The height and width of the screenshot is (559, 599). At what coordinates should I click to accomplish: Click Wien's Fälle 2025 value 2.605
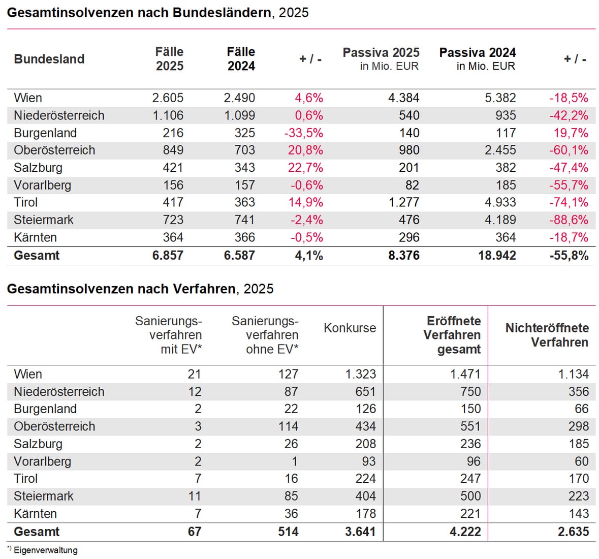(x=168, y=98)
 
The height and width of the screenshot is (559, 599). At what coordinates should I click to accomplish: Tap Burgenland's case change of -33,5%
(x=303, y=133)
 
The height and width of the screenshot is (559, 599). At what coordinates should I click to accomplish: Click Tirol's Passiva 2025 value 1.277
(x=404, y=202)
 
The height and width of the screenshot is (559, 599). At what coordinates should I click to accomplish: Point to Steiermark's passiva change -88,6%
(x=569, y=220)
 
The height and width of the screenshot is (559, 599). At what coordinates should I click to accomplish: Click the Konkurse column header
(x=350, y=328)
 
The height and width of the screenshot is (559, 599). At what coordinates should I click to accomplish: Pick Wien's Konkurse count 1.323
(x=360, y=375)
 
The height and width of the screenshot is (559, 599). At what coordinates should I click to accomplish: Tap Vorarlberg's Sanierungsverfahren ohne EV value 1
(x=295, y=461)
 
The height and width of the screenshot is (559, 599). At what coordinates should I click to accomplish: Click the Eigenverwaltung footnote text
(x=45, y=550)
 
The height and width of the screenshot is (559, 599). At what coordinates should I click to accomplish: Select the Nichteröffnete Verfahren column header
(x=547, y=335)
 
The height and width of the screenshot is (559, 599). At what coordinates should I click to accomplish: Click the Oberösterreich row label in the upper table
(x=54, y=150)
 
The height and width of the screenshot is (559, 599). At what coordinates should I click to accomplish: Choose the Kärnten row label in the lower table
(x=35, y=514)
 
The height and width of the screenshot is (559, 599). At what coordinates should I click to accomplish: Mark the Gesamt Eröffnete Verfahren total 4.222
(x=465, y=532)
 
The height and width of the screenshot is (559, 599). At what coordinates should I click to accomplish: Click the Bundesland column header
(x=49, y=59)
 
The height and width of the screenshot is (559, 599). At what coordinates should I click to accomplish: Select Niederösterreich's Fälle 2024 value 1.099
(x=239, y=116)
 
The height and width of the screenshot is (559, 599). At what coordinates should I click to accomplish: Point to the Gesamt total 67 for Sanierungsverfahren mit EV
(x=194, y=532)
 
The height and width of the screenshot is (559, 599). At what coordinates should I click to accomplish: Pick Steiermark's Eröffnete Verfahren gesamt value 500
(x=470, y=496)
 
